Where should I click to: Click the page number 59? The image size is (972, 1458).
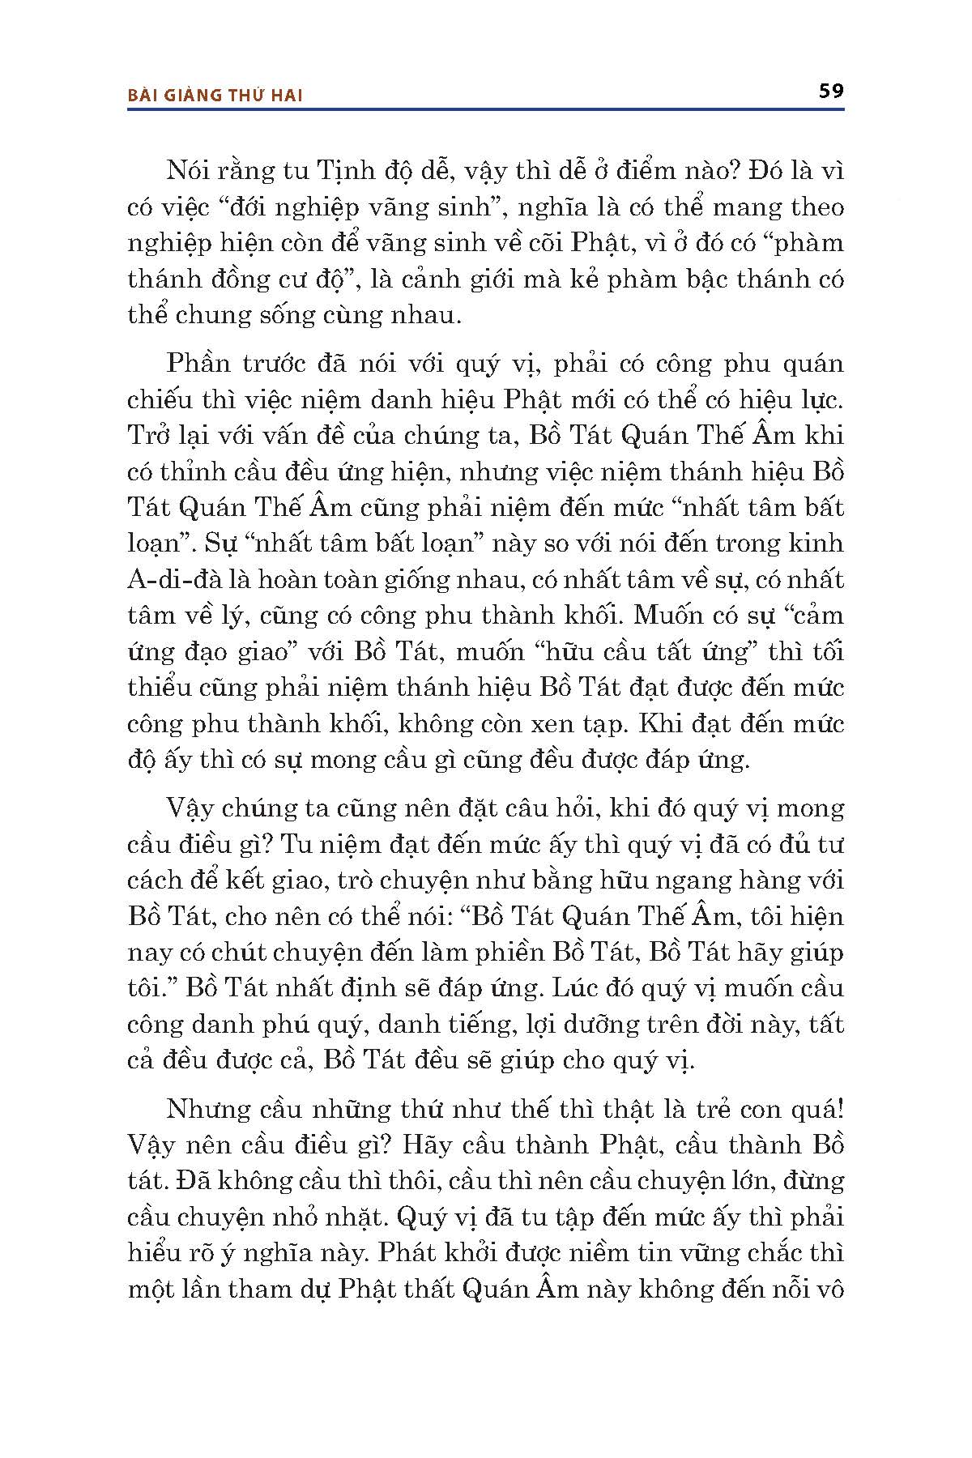[831, 90]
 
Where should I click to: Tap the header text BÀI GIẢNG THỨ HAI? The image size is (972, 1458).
[215, 95]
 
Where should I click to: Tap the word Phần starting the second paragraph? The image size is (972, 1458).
[198, 364]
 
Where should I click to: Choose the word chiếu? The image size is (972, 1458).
[167, 400]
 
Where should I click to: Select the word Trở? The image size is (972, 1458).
[149, 436]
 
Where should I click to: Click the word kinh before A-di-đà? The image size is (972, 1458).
[818, 544]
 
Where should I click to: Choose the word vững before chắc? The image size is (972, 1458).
[710, 1253]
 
